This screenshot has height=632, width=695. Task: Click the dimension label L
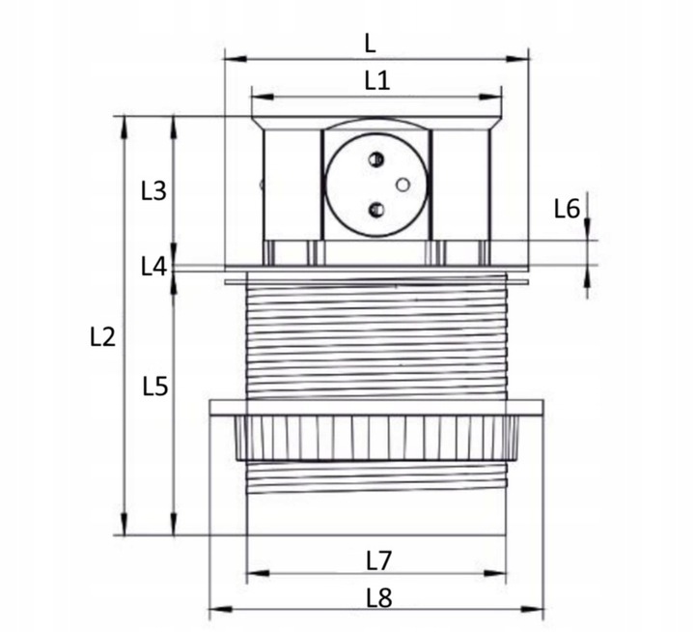tap(370, 43)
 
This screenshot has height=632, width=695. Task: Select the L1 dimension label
tap(377, 81)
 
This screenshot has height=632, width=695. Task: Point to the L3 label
tap(153, 190)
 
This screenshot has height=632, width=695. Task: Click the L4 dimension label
tap(153, 267)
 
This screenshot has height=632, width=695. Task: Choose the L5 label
tap(155, 387)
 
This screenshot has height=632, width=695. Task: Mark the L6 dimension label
tap(567, 209)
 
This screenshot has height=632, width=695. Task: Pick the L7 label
tap(379, 560)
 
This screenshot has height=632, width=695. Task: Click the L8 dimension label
tap(379, 598)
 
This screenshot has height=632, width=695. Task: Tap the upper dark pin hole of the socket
tap(375, 158)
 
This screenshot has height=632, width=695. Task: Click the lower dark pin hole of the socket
tap(376, 209)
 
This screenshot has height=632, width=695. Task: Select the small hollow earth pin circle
tap(403, 185)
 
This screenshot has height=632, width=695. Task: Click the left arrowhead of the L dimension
tap(236, 59)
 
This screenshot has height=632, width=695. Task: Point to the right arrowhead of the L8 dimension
tap(532, 609)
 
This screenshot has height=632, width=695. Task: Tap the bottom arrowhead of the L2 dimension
tap(125, 524)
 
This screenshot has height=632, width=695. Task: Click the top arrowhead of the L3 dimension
tap(174, 128)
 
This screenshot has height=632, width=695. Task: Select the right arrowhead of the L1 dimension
tap(490, 97)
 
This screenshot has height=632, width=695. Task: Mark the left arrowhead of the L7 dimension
tap(258, 573)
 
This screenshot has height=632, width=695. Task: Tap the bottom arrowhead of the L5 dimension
tap(174, 524)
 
